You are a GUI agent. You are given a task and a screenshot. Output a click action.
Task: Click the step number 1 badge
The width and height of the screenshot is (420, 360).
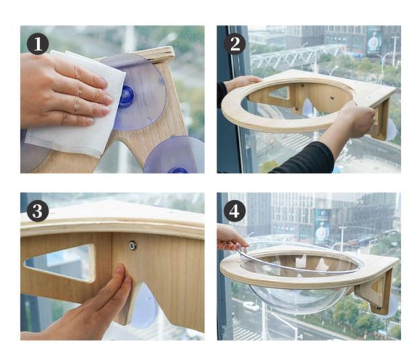(38, 44)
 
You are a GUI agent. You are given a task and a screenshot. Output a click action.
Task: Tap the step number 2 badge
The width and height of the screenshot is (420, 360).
(235, 44)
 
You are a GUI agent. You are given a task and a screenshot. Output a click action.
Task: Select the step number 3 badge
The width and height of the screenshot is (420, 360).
(38, 211)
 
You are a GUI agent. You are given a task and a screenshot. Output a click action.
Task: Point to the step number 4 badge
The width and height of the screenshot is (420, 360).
(235, 211)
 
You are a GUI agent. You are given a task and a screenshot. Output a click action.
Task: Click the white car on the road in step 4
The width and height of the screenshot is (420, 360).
(251, 306)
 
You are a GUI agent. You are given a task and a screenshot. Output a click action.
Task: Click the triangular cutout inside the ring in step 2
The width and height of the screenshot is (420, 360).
(279, 93)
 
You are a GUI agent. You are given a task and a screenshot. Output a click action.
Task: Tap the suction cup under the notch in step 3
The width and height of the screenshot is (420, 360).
(143, 308)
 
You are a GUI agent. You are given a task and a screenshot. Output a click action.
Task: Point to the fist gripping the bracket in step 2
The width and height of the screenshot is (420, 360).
(358, 120)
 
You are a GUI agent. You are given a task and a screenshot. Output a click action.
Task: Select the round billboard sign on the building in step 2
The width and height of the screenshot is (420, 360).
(373, 42)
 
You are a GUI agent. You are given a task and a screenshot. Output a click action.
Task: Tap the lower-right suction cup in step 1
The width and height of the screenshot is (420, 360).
(174, 156)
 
